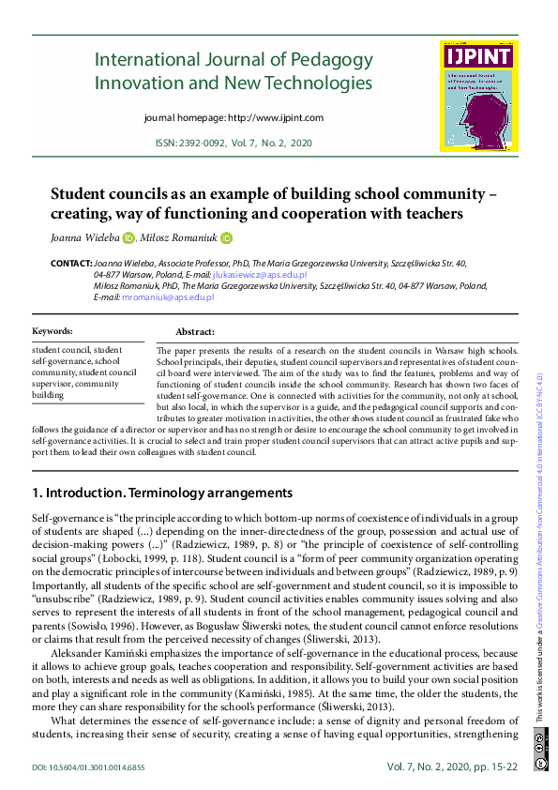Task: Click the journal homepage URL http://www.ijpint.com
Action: click(276, 118)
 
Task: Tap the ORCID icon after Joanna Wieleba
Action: click(128, 238)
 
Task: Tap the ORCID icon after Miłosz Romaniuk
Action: click(225, 238)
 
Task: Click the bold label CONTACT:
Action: click(71, 265)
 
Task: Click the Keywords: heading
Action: click(53, 331)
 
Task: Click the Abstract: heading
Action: click(195, 332)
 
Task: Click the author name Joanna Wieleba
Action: click(84, 238)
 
